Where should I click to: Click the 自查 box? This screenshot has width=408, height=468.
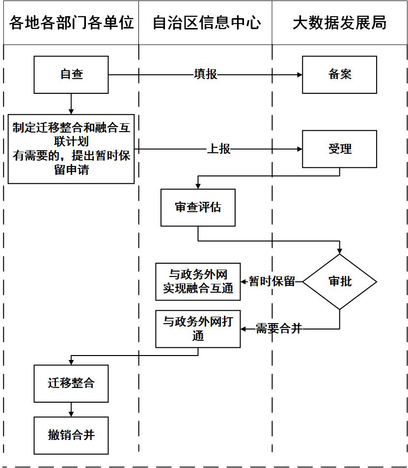(x=71, y=75)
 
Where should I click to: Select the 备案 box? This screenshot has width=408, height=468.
(x=339, y=75)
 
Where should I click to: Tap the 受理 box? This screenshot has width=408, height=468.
(x=339, y=149)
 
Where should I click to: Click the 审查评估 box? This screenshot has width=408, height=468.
(x=198, y=208)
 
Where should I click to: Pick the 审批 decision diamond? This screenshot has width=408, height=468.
(x=339, y=282)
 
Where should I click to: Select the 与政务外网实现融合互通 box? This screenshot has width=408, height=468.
(x=198, y=282)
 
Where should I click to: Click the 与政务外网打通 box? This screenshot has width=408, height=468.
(x=198, y=329)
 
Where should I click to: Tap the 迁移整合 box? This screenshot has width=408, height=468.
(x=71, y=383)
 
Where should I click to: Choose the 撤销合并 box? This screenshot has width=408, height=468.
(x=71, y=435)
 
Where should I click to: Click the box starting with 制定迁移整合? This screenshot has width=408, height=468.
(x=71, y=149)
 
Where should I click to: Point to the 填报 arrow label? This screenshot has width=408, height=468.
(x=205, y=75)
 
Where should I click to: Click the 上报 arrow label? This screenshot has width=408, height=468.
(x=218, y=149)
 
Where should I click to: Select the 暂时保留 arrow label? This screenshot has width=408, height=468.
(x=272, y=282)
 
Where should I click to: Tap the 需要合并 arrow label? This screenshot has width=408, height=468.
(x=278, y=329)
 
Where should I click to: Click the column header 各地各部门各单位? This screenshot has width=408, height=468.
(x=71, y=23)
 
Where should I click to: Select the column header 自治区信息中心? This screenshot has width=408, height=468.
(x=206, y=23)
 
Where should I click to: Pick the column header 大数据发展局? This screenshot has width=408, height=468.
(x=339, y=23)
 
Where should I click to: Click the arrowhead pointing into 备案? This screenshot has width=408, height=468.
(x=299, y=75)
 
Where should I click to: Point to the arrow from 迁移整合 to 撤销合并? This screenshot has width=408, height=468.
(x=71, y=410)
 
